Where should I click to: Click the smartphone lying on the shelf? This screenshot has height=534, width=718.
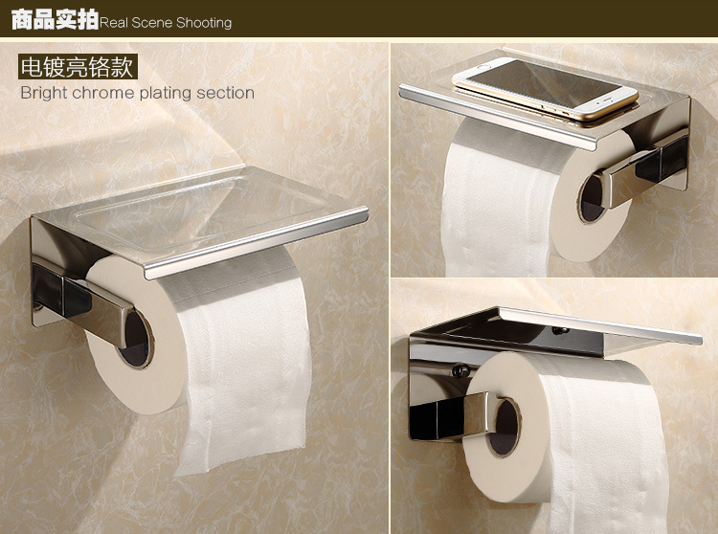tap(545, 88)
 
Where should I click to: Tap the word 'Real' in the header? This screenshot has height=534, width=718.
tap(113, 22)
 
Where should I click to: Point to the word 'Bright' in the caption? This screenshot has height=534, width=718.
tap(44, 93)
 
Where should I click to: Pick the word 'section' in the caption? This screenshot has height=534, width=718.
tap(225, 93)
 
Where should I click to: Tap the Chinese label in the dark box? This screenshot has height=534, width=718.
tap(78, 67)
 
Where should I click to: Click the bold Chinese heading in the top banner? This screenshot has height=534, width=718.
tap(55, 19)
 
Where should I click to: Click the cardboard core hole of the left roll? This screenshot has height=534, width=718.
tap(135, 339)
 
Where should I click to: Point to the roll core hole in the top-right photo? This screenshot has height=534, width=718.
tap(591, 198)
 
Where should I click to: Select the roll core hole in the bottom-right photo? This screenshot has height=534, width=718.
tap(504, 428)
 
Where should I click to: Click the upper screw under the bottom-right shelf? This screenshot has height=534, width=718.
tap(559, 330)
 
